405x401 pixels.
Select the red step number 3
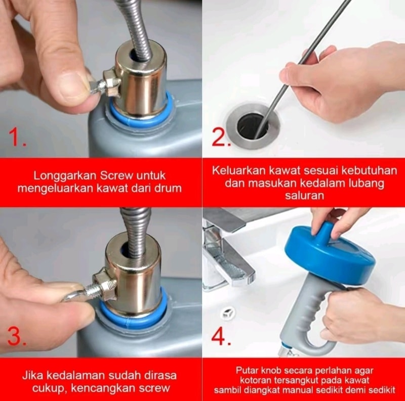[17, 336]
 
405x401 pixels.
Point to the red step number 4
[221, 336]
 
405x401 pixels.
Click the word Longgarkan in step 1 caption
[65, 176]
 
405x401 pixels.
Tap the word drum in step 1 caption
[169, 188]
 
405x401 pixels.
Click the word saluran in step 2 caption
[305, 195]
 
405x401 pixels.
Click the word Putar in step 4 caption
[247, 371]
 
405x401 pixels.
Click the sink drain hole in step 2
[253, 126]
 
